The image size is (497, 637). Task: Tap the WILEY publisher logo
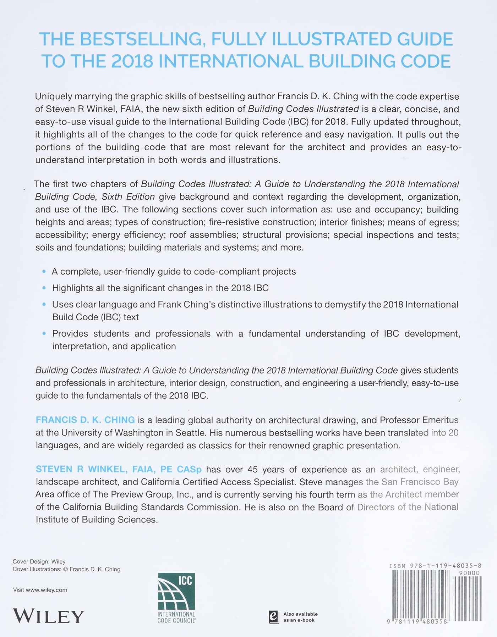tap(48, 616)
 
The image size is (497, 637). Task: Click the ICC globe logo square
tap(176, 591)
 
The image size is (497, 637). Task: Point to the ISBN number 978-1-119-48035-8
tap(446, 566)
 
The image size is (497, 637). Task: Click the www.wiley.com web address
tap(47, 590)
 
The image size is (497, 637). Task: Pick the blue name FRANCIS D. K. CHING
tap(85, 420)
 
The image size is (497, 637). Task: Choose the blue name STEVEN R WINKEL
tap(82, 469)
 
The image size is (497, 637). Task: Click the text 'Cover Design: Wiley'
tap(39, 561)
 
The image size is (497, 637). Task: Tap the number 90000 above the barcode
tap(469, 573)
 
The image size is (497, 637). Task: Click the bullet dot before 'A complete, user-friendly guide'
tap(44, 272)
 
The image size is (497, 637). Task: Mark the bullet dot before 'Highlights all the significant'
tap(44, 288)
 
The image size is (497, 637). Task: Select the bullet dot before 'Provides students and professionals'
tap(44, 333)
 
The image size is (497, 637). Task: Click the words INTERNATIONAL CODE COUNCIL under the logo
tap(176, 617)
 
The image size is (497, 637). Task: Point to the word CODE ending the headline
tap(426, 61)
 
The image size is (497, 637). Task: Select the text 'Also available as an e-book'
tap(300, 617)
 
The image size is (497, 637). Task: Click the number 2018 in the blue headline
tap(132, 61)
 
